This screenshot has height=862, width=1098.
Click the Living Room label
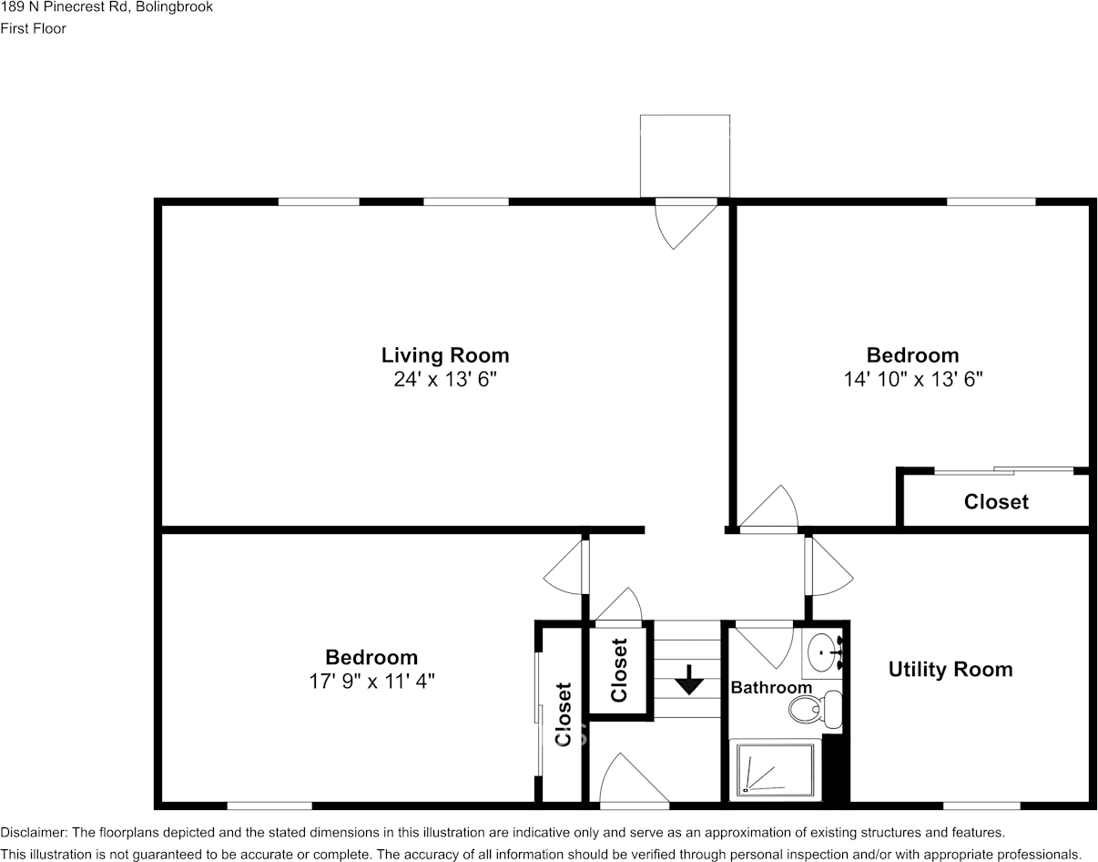[444, 355]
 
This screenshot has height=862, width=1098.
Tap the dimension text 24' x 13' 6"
[444, 379]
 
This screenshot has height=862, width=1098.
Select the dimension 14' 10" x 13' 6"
[912, 379]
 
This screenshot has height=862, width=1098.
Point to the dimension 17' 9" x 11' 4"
[371, 681]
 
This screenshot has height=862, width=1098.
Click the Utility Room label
[950, 670]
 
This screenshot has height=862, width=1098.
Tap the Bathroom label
[771, 688]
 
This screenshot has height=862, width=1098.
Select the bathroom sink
[825, 652]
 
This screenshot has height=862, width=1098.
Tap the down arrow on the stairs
[689, 680]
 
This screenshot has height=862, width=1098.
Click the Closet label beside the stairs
[619, 671]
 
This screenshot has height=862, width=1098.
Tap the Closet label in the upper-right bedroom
[996, 502]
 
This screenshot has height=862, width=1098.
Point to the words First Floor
[34, 28]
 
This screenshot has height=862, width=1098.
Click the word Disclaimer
[33, 833]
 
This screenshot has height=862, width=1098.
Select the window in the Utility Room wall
[981, 806]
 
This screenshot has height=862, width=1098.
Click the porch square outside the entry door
[685, 155]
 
